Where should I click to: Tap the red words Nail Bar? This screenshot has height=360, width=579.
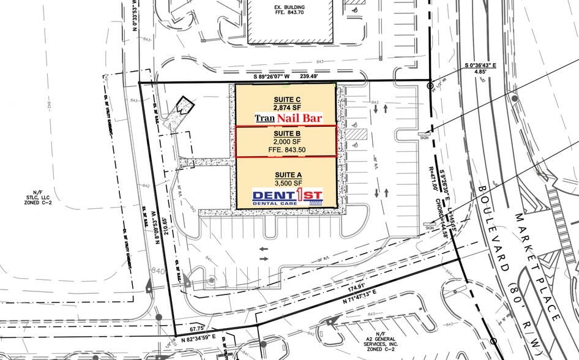pos(299,118)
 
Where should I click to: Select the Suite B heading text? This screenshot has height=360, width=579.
pos(286,133)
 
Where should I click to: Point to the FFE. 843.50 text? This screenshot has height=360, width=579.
pos(286,150)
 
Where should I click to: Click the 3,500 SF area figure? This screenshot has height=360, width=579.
pos(286,182)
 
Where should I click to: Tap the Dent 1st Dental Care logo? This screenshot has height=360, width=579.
pos(286,196)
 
